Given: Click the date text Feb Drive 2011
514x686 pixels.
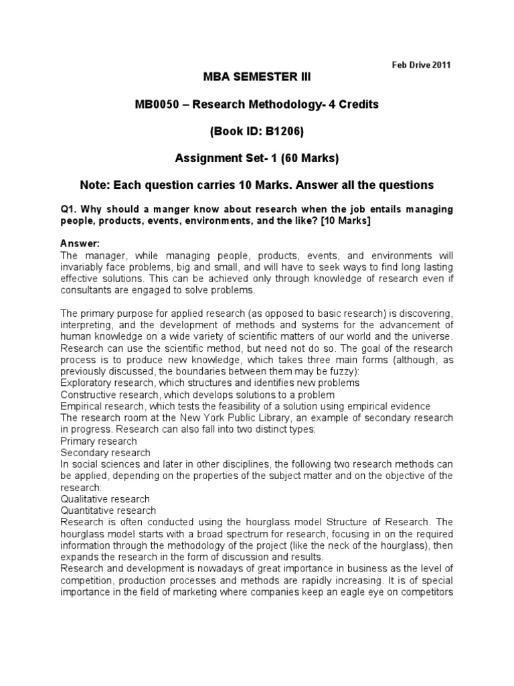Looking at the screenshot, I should [420, 65].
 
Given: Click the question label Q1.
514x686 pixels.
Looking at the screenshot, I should [69, 210].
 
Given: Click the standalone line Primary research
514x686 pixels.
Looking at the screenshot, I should [98, 441].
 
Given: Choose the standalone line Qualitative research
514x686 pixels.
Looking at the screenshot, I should [105, 499].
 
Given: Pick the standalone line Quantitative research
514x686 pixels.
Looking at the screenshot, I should [108, 511].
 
